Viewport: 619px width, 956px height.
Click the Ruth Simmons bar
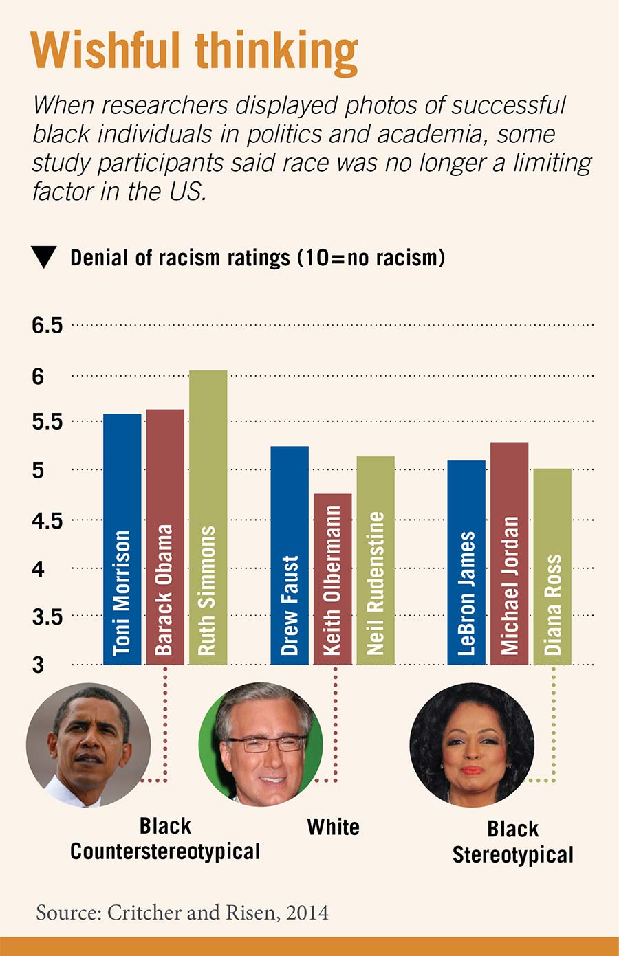pyautogui.click(x=208, y=518)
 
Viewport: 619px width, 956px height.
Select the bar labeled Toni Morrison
pyautogui.click(x=122, y=539)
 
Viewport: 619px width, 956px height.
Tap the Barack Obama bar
pyautogui.click(x=165, y=537)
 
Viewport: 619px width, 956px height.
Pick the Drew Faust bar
pyautogui.click(x=290, y=555)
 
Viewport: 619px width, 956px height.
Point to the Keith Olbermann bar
pyautogui.click(x=333, y=579)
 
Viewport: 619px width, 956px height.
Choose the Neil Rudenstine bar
pyautogui.click(x=376, y=560)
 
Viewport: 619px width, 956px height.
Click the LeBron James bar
pyautogui.click(x=466, y=562)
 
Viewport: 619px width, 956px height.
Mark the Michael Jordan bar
pyautogui.click(x=509, y=553)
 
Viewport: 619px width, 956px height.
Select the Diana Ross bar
pyautogui.click(x=552, y=567)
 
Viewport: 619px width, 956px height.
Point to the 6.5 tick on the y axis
pyautogui.click(x=47, y=325)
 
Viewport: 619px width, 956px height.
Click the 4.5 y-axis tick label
pyautogui.click(x=47, y=521)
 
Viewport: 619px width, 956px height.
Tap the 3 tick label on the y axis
pyautogui.click(x=38, y=665)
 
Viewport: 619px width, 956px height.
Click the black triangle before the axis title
pyautogui.click(x=43, y=257)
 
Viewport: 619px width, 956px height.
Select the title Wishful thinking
pyautogui.click(x=194, y=51)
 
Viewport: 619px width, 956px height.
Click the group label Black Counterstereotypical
pyautogui.click(x=165, y=839)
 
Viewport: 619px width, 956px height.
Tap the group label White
pyautogui.click(x=333, y=827)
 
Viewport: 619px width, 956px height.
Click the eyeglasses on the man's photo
pyautogui.click(x=267, y=744)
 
